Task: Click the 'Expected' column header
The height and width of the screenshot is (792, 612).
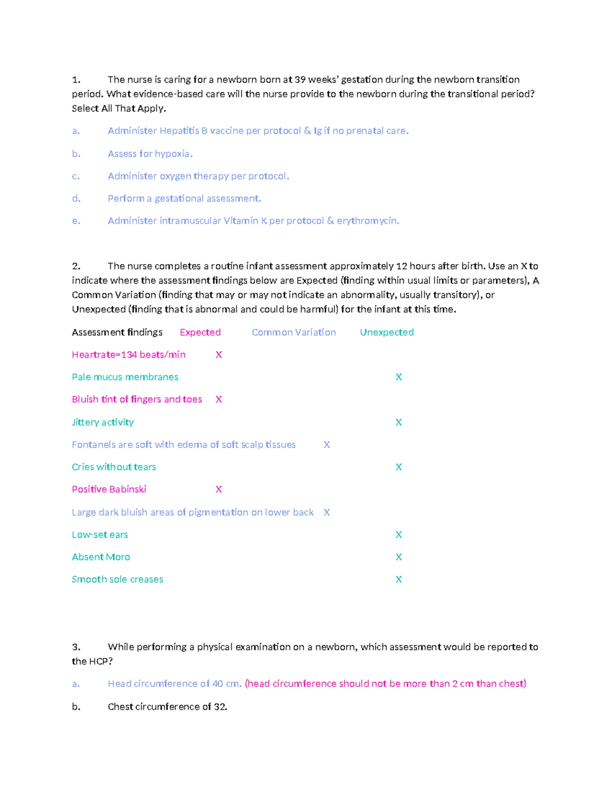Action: pyautogui.click(x=200, y=333)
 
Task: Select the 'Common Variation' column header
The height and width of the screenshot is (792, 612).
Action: pyautogui.click(x=294, y=333)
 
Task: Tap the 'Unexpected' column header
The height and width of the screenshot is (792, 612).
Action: pyautogui.click(x=387, y=333)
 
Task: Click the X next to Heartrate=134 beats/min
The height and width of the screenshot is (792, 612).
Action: pyautogui.click(x=219, y=355)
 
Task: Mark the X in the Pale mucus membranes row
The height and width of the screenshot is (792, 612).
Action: pyautogui.click(x=399, y=377)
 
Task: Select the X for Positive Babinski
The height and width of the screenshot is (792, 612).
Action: pyautogui.click(x=219, y=490)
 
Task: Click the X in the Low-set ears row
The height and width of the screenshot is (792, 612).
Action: pyautogui.click(x=399, y=535)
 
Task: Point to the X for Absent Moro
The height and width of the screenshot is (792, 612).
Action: pyautogui.click(x=399, y=557)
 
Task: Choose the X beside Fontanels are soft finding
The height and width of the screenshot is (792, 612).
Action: pyautogui.click(x=327, y=445)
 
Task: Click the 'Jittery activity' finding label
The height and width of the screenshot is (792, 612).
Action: pyautogui.click(x=103, y=422)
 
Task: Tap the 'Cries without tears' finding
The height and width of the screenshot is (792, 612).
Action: pyautogui.click(x=114, y=467)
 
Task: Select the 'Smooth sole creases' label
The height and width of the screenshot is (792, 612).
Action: pyautogui.click(x=117, y=579)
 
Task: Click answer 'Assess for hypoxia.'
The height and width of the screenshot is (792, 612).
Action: pyautogui.click(x=150, y=154)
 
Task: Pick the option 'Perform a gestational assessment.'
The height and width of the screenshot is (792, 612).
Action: pyautogui.click(x=184, y=198)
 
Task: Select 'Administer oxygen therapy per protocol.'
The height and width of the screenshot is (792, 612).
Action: pyautogui.click(x=198, y=176)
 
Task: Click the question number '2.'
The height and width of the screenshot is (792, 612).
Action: pyautogui.click(x=76, y=266)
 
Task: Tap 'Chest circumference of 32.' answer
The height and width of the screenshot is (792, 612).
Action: pyautogui.click(x=167, y=707)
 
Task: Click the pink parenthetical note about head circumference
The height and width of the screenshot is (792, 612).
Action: pyautogui.click(x=385, y=684)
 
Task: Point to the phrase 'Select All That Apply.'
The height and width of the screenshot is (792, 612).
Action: pyautogui.click(x=119, y=109)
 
